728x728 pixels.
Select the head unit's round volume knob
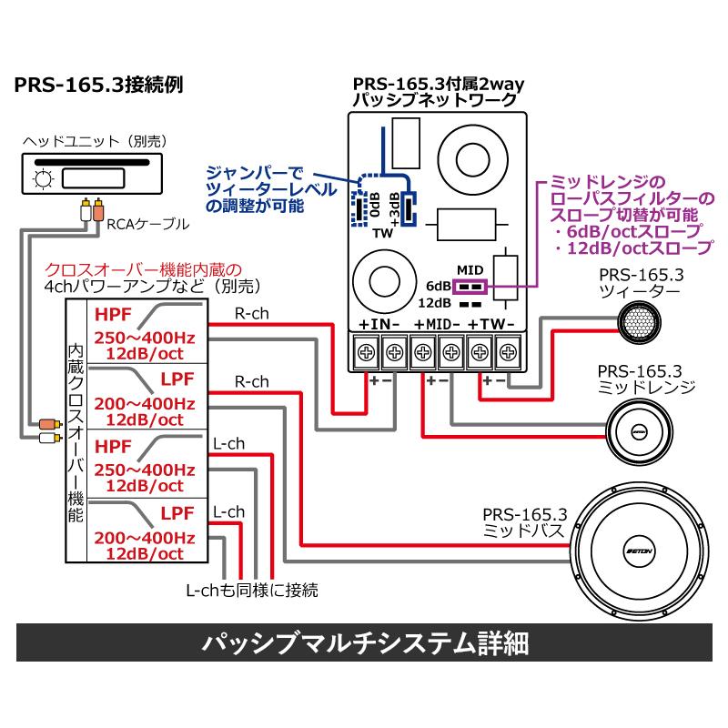42,179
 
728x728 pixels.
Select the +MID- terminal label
440,325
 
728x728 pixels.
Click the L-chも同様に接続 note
251,591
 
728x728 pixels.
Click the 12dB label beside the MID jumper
435,304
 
